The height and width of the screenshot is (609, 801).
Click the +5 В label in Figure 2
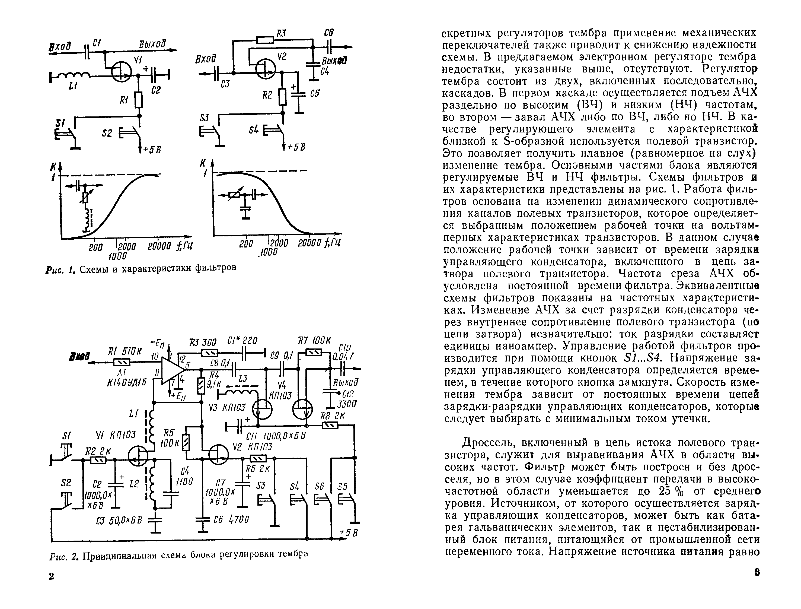point(349,533)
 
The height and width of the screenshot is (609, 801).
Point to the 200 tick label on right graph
point(246,244)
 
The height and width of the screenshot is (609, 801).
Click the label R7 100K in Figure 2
point(314,341)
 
